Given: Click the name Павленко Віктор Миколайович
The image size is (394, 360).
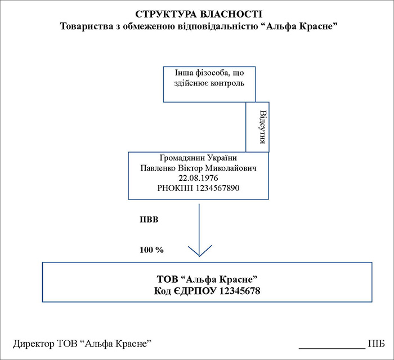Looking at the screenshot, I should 196,168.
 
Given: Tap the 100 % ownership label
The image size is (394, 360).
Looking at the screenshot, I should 151,248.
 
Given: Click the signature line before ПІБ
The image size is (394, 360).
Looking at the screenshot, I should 331,348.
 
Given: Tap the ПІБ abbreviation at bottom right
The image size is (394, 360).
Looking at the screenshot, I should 377,344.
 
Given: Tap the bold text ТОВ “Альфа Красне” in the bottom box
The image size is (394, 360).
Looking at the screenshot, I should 207,279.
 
